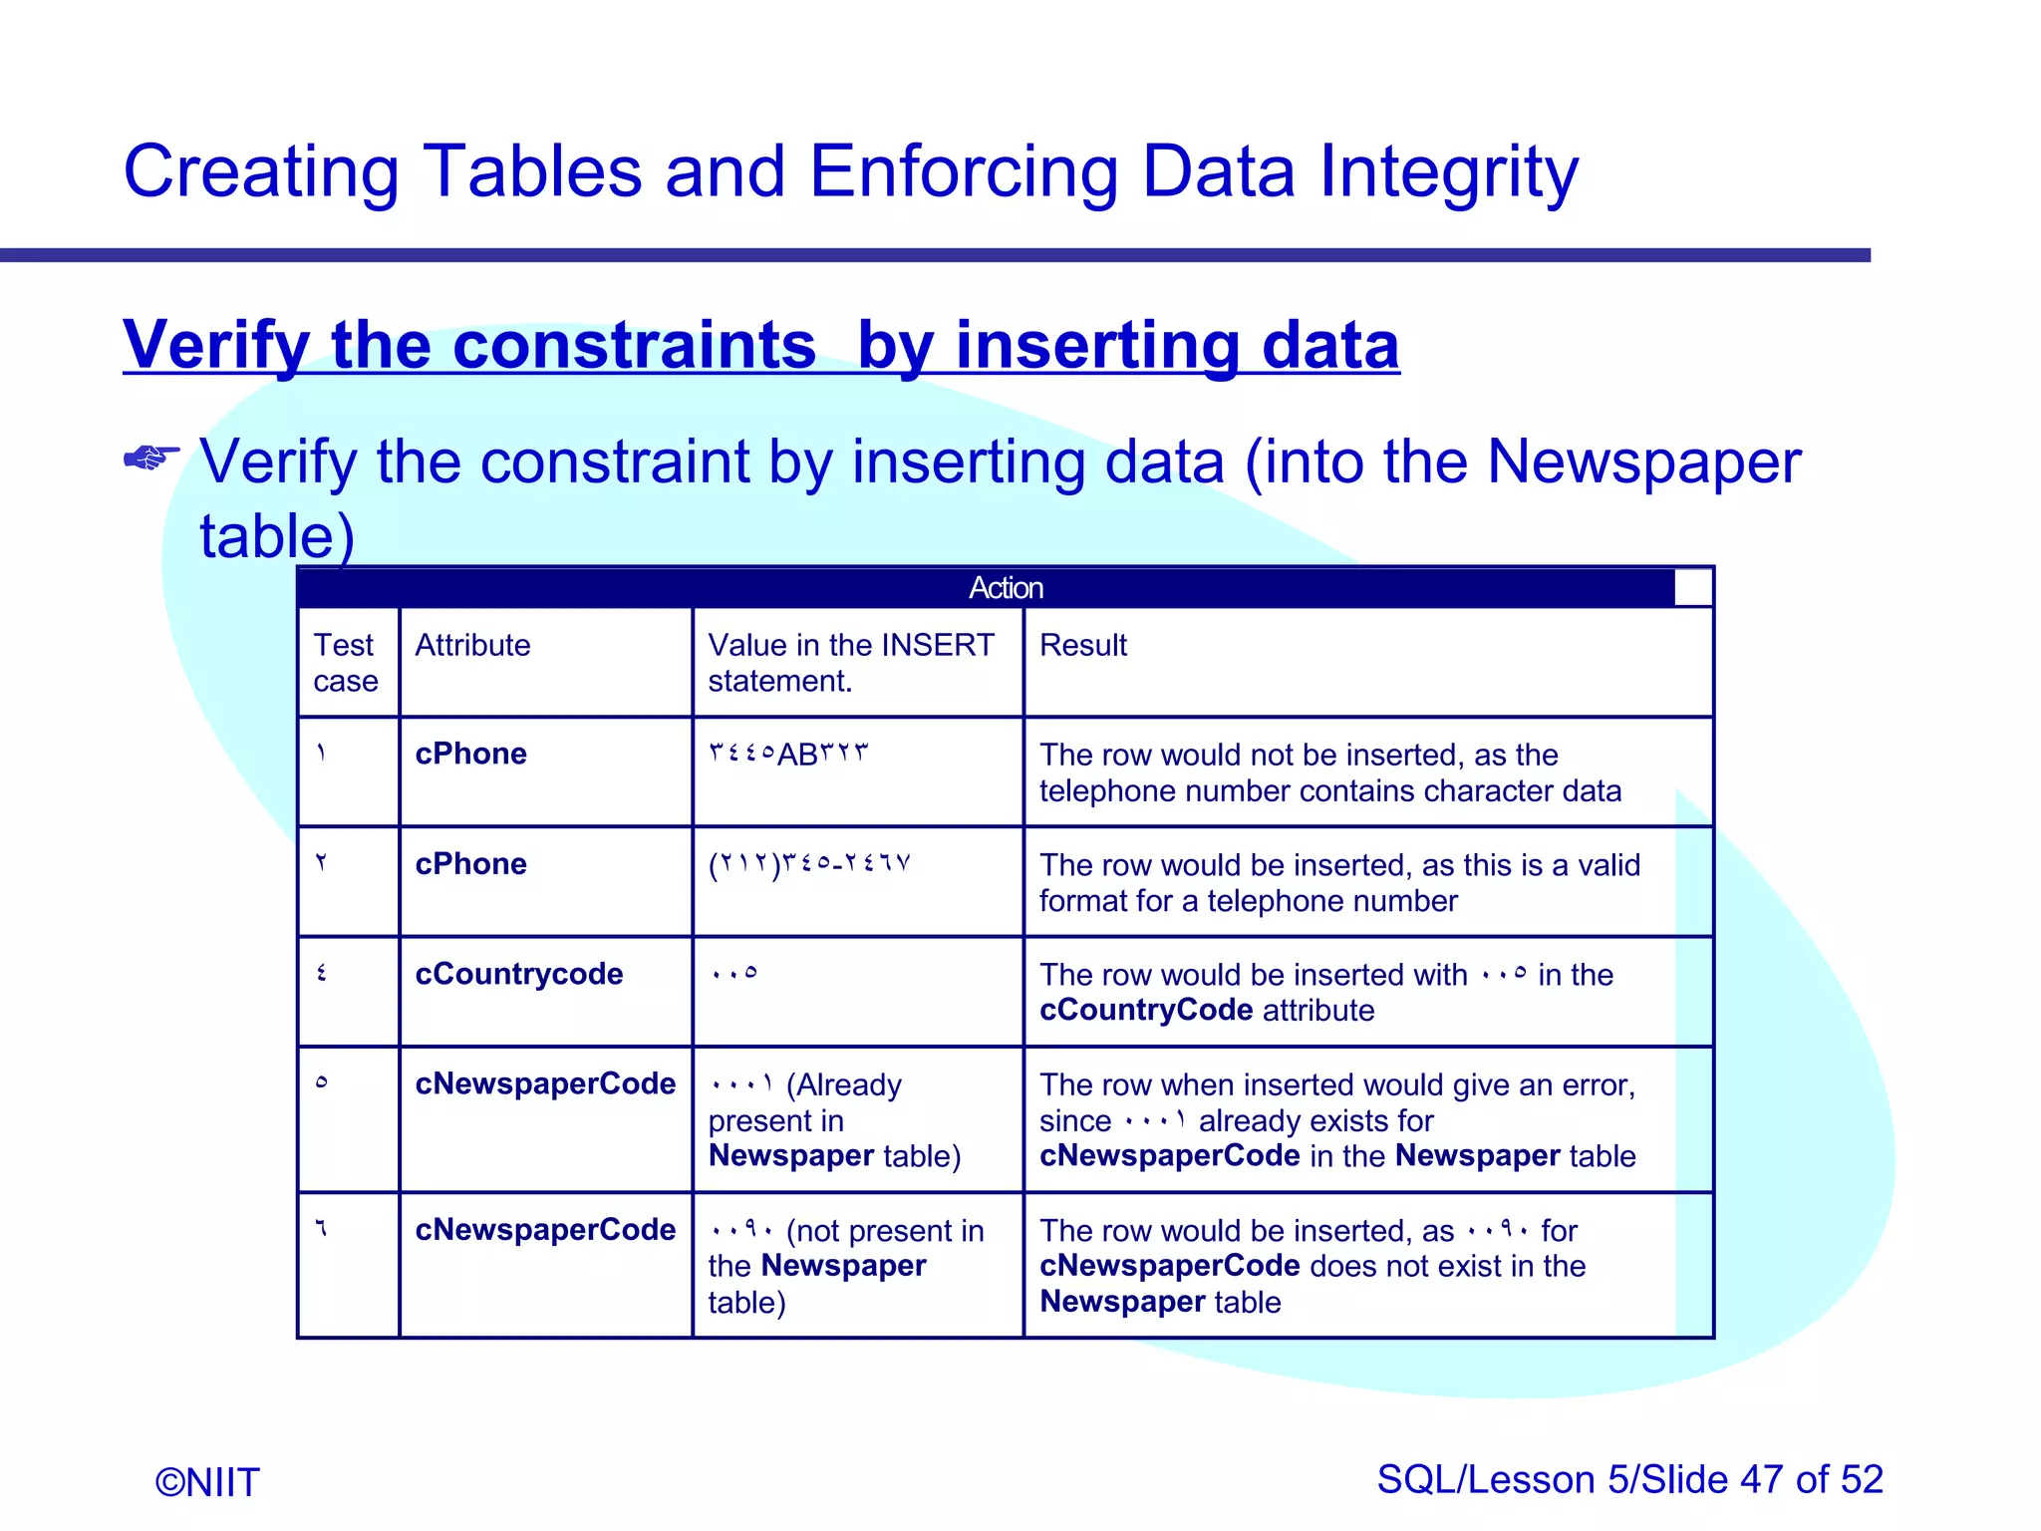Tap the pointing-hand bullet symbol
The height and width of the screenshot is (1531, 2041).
[x=150, y=458]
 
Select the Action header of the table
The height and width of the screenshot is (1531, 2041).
[x=1006, y=588]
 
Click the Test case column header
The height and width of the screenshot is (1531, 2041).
[x=345, y=663]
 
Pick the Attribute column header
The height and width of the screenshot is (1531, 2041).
[x=472, y=645]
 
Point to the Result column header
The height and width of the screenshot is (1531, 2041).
[x=1082, y=645]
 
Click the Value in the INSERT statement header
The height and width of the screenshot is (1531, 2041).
[x=850, y=663]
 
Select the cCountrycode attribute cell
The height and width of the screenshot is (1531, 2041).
[x=518, y=974]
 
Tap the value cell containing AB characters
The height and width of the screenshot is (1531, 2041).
[x=787, y=755]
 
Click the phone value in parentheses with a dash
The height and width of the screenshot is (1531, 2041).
[x=809, y=864]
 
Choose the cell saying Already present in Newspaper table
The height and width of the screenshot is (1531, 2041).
[x=833, y=1120]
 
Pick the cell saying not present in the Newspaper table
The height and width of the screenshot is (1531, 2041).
[x=845, y=1266]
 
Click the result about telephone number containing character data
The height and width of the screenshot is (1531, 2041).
[x=1329, y=773]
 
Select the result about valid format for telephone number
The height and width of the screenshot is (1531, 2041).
[x=1338, y=883]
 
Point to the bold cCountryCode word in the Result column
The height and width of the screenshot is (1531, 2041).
[x=1145, y=1011]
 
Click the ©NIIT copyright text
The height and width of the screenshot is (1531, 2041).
[x=207, y=1482]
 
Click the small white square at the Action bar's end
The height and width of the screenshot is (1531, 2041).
[x=1693, y=588]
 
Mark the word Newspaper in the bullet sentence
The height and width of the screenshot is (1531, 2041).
[x=1643, y=462]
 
